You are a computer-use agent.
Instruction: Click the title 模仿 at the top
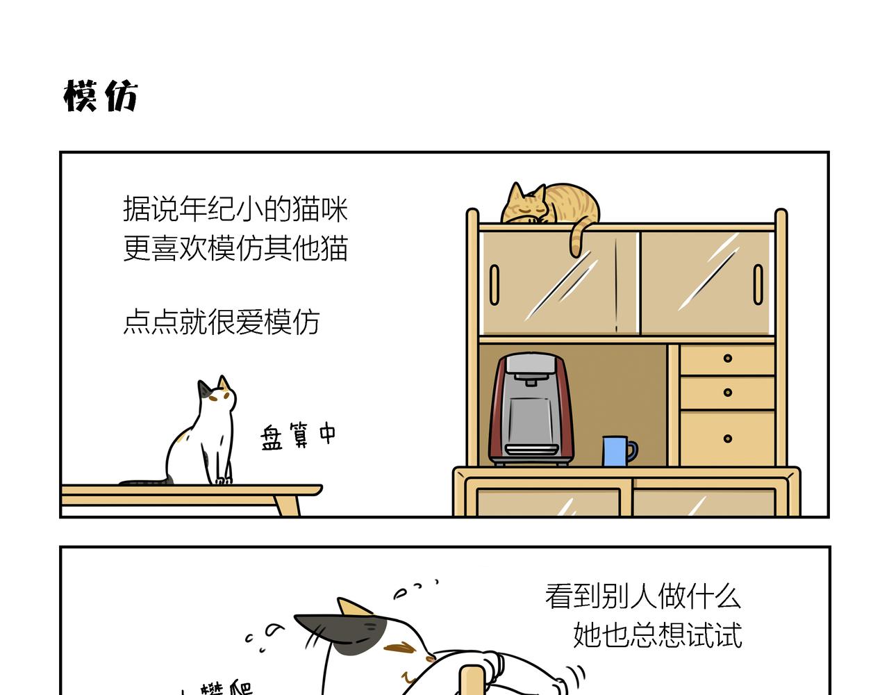pos(101,95)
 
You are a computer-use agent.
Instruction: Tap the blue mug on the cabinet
pos(615,451)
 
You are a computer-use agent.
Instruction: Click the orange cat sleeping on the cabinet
pos(549,205)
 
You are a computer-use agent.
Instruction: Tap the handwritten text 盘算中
pos(298,436)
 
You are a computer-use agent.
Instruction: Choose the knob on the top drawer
pos(727,359)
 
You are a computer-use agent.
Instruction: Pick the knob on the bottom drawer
pos(727,439)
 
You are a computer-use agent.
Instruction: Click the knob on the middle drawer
pos(727,393)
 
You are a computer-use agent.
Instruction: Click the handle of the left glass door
pos(495,284)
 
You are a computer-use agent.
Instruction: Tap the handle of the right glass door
pos(758,284)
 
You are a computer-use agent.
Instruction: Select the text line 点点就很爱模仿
pos(221,322)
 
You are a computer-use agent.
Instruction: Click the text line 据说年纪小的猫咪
pos(235,208)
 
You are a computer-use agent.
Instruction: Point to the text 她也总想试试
pos(657,635)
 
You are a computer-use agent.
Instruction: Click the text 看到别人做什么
pos(643,596)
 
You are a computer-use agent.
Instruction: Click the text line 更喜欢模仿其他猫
pos(235,248)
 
